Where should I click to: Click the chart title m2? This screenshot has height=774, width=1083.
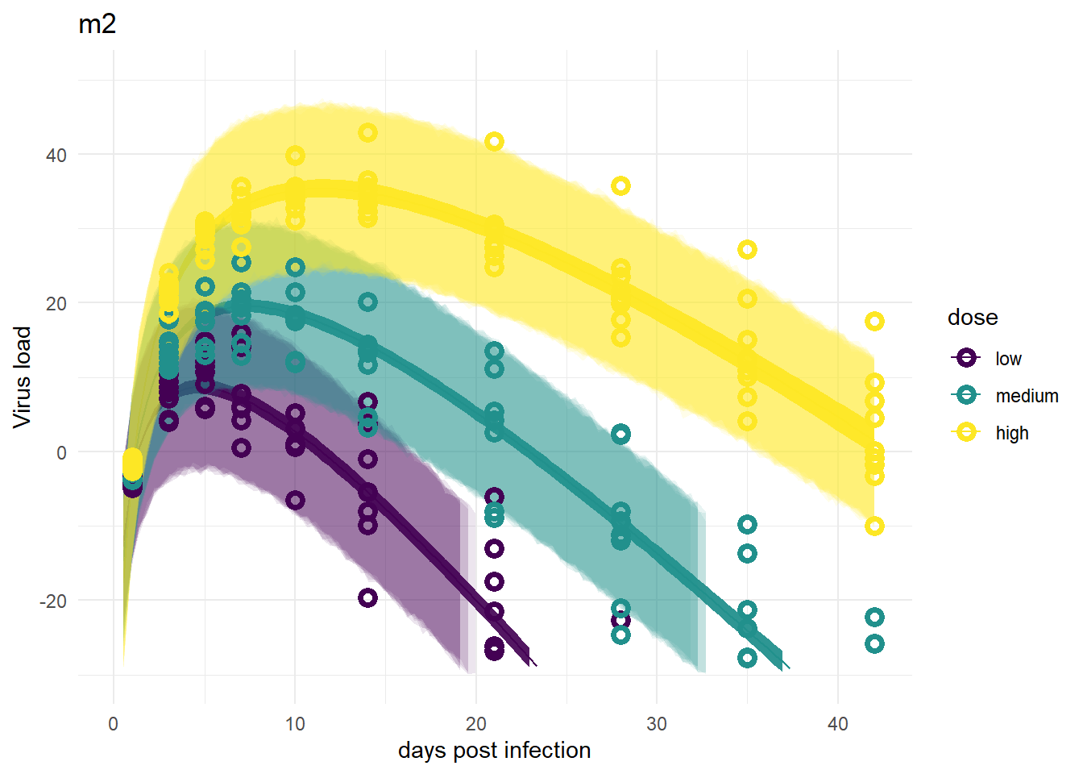[98, 24]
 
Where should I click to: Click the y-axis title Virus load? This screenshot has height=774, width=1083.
[23, 378]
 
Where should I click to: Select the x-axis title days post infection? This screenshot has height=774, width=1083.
[494, 751]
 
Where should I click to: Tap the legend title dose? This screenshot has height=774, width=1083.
[973, 318]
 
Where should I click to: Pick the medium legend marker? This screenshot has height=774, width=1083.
[966, 395]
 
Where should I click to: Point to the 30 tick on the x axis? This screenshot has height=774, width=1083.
[656, 724]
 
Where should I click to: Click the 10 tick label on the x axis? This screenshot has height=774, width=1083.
[294, 724]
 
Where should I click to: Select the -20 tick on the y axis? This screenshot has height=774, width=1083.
[53, 601]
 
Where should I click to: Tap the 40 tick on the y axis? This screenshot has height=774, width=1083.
[56, 156]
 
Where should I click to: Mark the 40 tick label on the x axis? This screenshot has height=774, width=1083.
[837, 724]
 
